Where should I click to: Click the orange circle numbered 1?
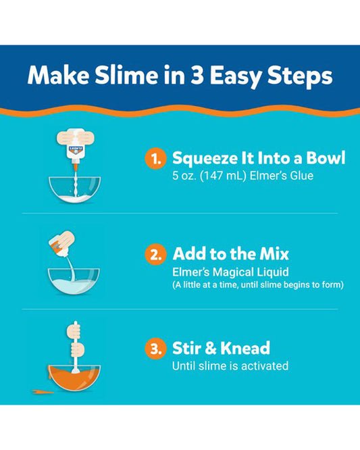coord(155,158)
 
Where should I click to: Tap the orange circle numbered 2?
coord(155,254)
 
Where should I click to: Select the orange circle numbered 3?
coord(155,349)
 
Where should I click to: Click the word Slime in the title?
coord(126,76)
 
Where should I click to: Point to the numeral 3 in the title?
coord(197,76)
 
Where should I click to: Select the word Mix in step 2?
coord(274,254)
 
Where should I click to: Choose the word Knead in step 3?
coord(245,348)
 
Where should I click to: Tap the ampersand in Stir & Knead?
coord(210,349)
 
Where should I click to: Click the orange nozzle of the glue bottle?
coord(76,167)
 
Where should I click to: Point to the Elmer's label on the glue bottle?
coord(76,150)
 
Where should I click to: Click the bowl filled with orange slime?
coord(74,378)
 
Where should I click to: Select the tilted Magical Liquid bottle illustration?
coord(61,243)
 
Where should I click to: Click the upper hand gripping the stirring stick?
coord(74,330)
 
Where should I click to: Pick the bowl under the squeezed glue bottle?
coord(74,190)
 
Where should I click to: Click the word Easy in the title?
coord(236,77)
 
